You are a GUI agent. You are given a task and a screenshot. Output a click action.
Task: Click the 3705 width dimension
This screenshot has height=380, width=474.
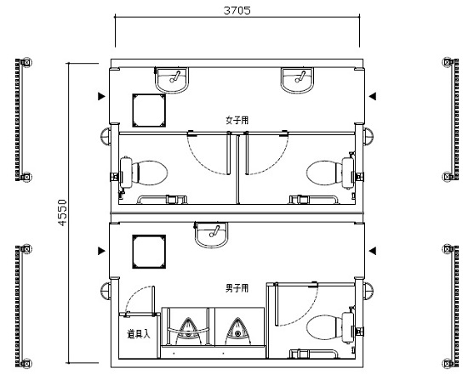coord(237,10)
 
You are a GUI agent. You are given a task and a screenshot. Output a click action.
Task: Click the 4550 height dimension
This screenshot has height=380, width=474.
coord(62,213)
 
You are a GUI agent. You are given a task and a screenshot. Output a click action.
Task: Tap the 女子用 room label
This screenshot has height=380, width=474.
coord(237,120)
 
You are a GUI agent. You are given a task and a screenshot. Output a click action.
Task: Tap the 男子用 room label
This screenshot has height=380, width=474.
coord(237,288)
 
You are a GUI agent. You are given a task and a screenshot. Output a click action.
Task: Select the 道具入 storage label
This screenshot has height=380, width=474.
coord(139,334)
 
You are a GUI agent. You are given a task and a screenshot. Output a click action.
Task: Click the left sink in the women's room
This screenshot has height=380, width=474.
coord(172,80)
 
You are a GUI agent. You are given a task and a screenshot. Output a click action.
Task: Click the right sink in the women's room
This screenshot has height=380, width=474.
coord(298,80)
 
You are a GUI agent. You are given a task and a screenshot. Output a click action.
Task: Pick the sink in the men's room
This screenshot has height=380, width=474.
coord(211,235)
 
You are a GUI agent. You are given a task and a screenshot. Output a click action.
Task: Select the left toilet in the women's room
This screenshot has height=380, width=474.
coord(143,173)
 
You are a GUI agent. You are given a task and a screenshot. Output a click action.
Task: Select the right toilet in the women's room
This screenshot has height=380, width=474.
coord(330,173)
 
